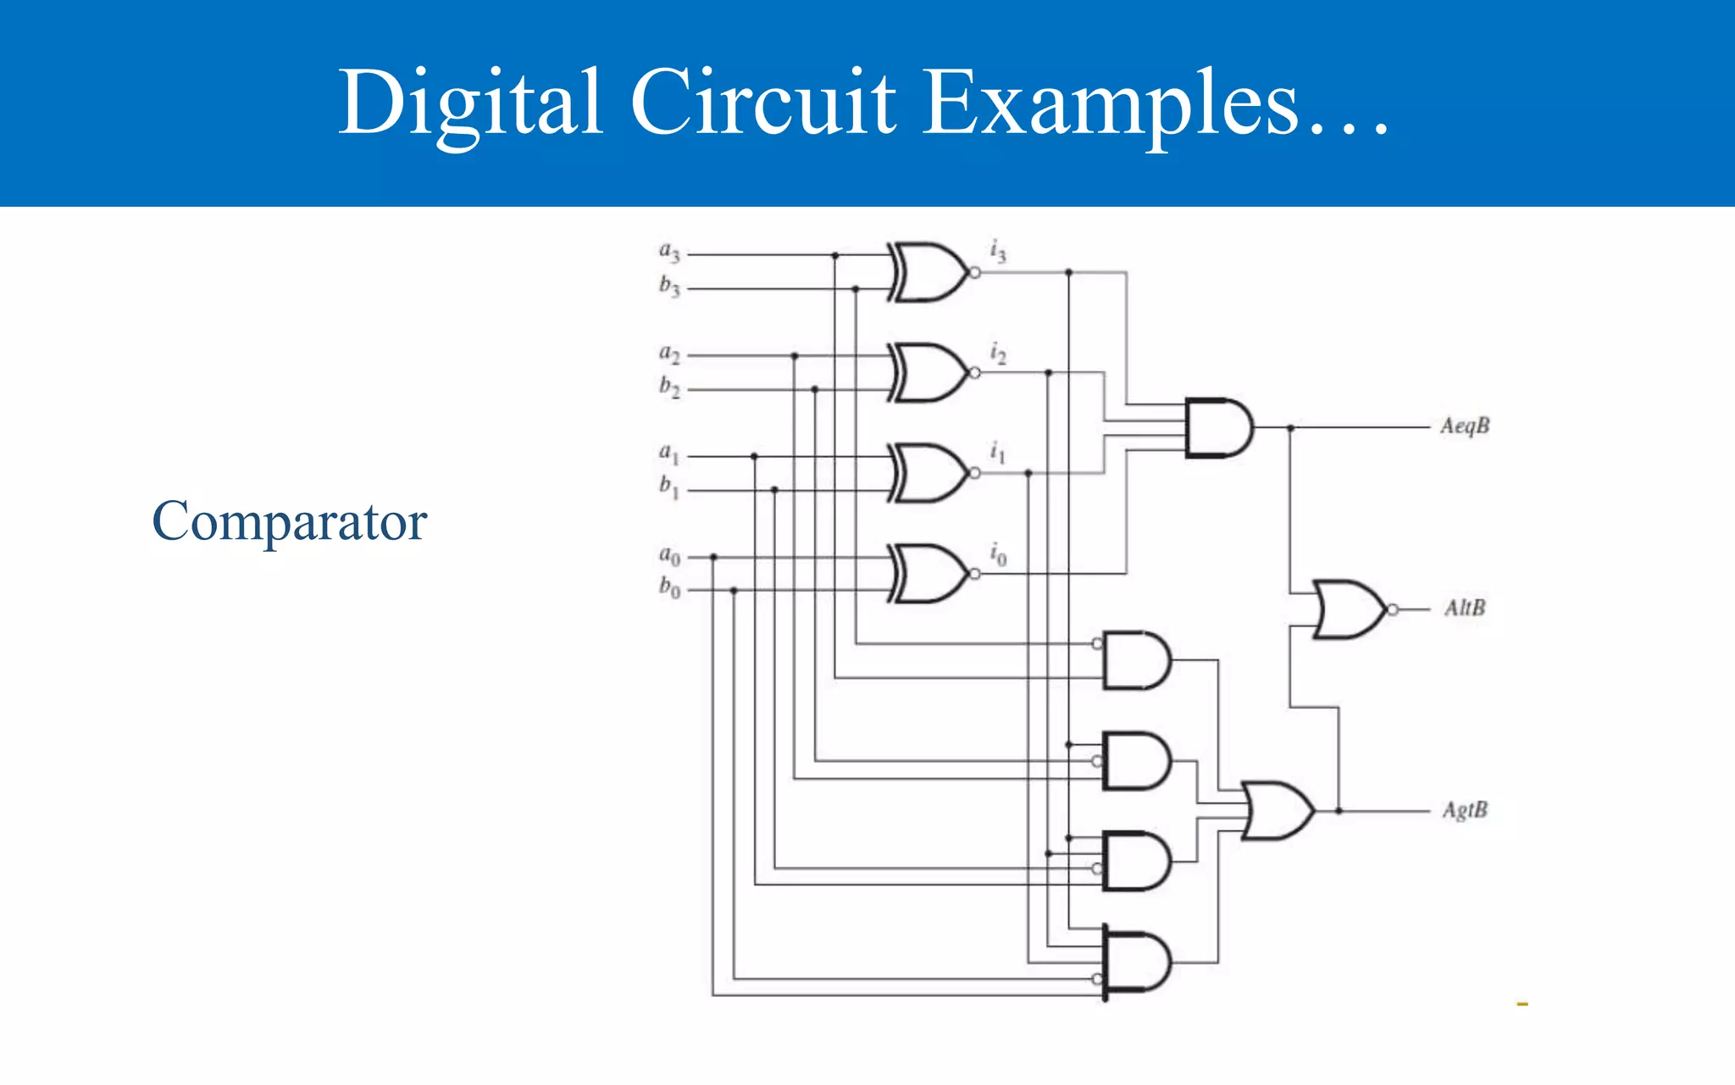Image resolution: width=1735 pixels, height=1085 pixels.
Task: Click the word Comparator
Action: tap(289, 521)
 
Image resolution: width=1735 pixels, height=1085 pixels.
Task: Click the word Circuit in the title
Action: tap(762, 103)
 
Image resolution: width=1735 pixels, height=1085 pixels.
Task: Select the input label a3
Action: tap(669, 252)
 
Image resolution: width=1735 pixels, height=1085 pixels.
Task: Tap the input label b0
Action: tap(669, 587)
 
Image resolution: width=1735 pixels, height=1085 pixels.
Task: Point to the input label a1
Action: tap(669, 453)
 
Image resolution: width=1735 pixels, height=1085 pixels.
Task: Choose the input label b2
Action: tap(669, 387)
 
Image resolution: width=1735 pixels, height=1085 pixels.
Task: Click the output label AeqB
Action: tap(1465, 426)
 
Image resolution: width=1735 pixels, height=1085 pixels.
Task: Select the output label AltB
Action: tap(1465, 608)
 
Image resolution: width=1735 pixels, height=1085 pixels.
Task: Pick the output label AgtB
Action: tap(1465, 810)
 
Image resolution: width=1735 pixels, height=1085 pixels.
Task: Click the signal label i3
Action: tap(998, 251)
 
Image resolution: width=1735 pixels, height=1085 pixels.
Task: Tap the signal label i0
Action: tap(998, 554)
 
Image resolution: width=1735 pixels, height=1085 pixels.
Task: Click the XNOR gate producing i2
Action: tap(928, 373)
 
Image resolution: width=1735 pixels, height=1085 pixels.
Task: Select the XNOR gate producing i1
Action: tap(928, 473)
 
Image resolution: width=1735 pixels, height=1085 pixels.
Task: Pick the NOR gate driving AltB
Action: tap(1349, 609)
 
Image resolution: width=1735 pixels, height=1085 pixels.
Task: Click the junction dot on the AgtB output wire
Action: tap(1339, 811)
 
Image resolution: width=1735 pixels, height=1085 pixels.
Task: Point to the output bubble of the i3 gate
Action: tap(975, 273)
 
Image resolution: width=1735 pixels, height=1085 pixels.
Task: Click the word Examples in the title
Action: tap(1110, 103)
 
